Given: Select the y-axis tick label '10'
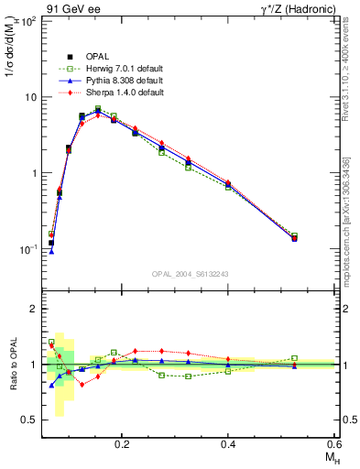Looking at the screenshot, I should [x=28, y=96].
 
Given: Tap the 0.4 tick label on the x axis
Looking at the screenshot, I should [x=229, y=443].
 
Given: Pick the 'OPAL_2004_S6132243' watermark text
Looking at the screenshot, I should [x=190, y=275].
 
